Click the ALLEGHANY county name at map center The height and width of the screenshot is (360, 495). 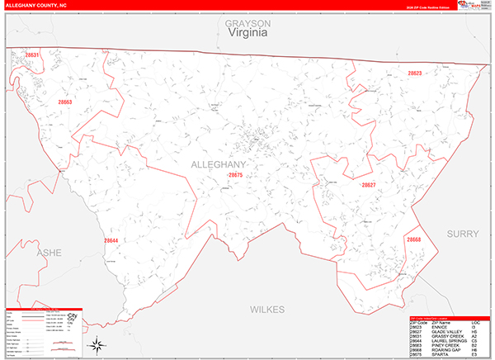(219, 165)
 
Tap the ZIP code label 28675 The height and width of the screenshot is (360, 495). (236, 175)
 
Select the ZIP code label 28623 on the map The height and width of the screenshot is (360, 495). (414, 73)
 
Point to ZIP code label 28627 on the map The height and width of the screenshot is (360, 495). (368, 185)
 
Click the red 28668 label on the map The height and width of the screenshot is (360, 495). (413, 239)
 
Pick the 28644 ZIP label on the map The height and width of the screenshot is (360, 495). (111, 240)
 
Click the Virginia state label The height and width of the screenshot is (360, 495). (247, 35)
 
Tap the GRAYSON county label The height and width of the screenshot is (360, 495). (247, 24)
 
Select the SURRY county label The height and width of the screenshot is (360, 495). (463, 234)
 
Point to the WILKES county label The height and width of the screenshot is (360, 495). (268, 309)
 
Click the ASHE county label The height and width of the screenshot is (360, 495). (49, 253)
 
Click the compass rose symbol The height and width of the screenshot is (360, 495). (97, 343)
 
